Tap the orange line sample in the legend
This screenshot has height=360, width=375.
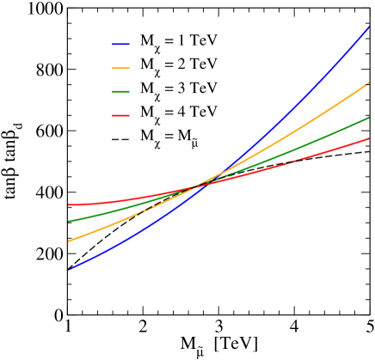[x=120, y=65]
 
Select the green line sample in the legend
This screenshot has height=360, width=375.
[x=120, y=88]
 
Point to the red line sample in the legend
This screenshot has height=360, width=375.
[x=120, y=112]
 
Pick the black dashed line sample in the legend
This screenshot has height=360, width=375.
[x=120, y=136]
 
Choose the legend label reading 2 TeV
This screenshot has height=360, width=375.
[x=178, y=65]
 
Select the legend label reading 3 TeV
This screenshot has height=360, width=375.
[x=178, y=88]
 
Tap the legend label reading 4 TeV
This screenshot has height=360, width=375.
[x=178, y=112]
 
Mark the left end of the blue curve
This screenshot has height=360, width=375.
[x=70, y=269]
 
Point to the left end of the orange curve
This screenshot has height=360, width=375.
[x=70, y=241]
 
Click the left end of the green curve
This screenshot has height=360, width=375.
[x=70, y=221]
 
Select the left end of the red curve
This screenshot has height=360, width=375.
[x=70, y=205]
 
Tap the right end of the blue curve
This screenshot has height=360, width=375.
[x=369, y=27]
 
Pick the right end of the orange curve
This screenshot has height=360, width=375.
[x=369, y=83]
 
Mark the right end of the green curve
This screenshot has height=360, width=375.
[x=369, y=118]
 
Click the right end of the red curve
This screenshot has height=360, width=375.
[x=369, y=138]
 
